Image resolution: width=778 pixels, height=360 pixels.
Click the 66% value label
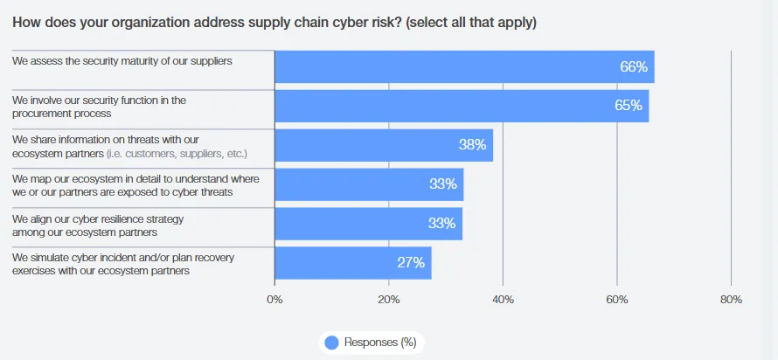click(634, 66)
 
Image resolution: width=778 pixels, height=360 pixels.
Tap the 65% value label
click(629, 106)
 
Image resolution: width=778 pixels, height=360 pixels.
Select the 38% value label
click(473, 145)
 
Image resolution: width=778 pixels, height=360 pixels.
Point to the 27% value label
click(411, 262)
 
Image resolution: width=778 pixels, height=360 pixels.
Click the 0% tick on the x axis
click(274, 300)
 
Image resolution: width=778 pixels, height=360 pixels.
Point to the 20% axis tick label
click(389, 300)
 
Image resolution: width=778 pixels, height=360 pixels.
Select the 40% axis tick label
click(503, 300)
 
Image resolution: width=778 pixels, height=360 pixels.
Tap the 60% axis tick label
click(617, 300)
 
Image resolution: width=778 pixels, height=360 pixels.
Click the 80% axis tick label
click(731, 300)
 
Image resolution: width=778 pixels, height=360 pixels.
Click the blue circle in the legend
click(332, 343)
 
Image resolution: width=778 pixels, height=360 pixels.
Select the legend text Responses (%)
click(380, 343)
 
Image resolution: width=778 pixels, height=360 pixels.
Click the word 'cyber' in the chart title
click(330, 22)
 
